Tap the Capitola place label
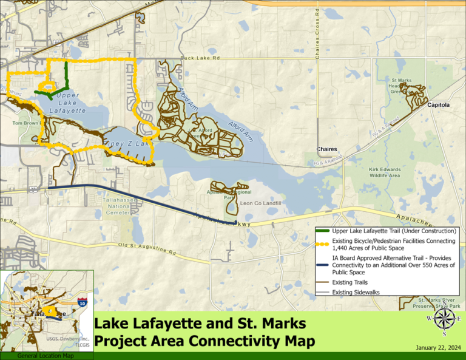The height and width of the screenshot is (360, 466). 439,105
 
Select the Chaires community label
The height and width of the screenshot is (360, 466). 326,149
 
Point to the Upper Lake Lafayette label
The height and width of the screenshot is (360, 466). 63,103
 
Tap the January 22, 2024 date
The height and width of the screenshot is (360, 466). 438,348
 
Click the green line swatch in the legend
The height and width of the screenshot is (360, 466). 323,231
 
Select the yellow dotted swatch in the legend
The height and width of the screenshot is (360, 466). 323,242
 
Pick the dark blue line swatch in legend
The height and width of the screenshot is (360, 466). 323,258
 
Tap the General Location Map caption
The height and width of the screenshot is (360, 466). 46,356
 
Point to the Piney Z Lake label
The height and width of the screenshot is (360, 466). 126,144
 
